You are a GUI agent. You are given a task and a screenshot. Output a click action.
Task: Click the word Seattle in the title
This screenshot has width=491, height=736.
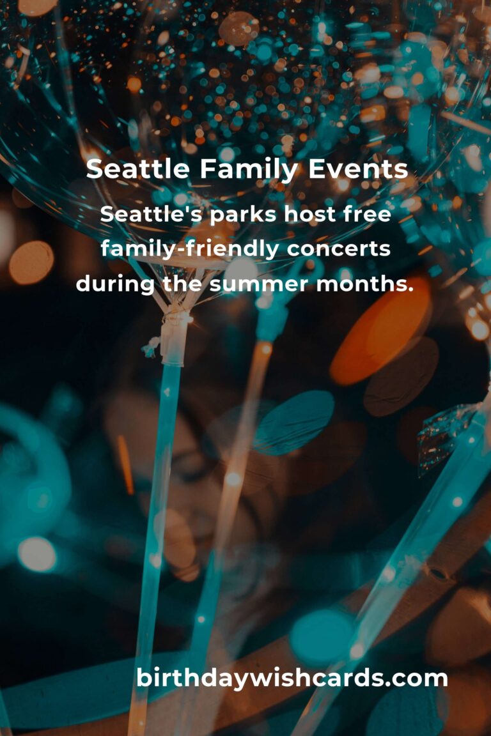[137, 170]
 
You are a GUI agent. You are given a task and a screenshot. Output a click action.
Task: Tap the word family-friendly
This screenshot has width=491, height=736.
[189, 249]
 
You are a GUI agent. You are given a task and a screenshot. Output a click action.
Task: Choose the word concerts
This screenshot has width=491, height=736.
[338, 249]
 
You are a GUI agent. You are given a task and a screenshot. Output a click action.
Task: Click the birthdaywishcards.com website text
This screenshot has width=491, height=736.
[292, 678]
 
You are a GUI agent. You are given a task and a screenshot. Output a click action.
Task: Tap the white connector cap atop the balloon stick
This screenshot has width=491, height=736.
[175, 339]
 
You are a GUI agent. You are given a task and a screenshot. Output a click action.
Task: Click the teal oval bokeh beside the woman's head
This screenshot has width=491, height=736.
[294, 422]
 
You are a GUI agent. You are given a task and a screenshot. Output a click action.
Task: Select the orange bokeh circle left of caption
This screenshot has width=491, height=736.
[31, 262]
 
